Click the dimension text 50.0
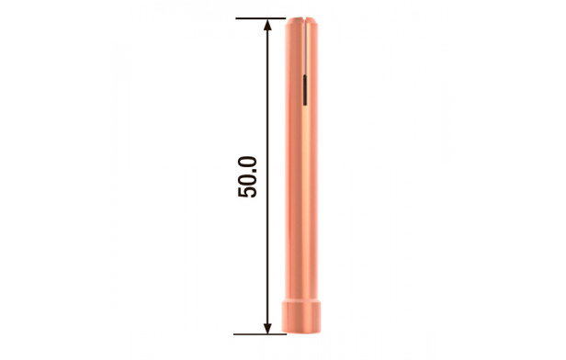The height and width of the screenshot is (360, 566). click(x=247, y=176)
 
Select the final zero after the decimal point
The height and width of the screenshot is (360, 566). click(x=247, y=163)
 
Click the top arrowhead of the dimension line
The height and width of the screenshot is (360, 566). click(x=267, y=24)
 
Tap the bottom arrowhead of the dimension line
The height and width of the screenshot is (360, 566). click(x=267, y=328)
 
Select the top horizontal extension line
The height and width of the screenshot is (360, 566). click(x=261, y=18)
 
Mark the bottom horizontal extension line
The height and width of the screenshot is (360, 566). click(x=260, y=334)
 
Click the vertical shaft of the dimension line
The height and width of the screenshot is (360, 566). click(x=267, y=176)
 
